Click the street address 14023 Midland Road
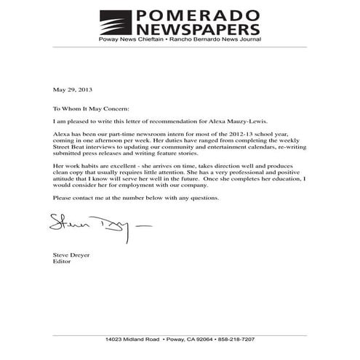(x=132, y=340)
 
